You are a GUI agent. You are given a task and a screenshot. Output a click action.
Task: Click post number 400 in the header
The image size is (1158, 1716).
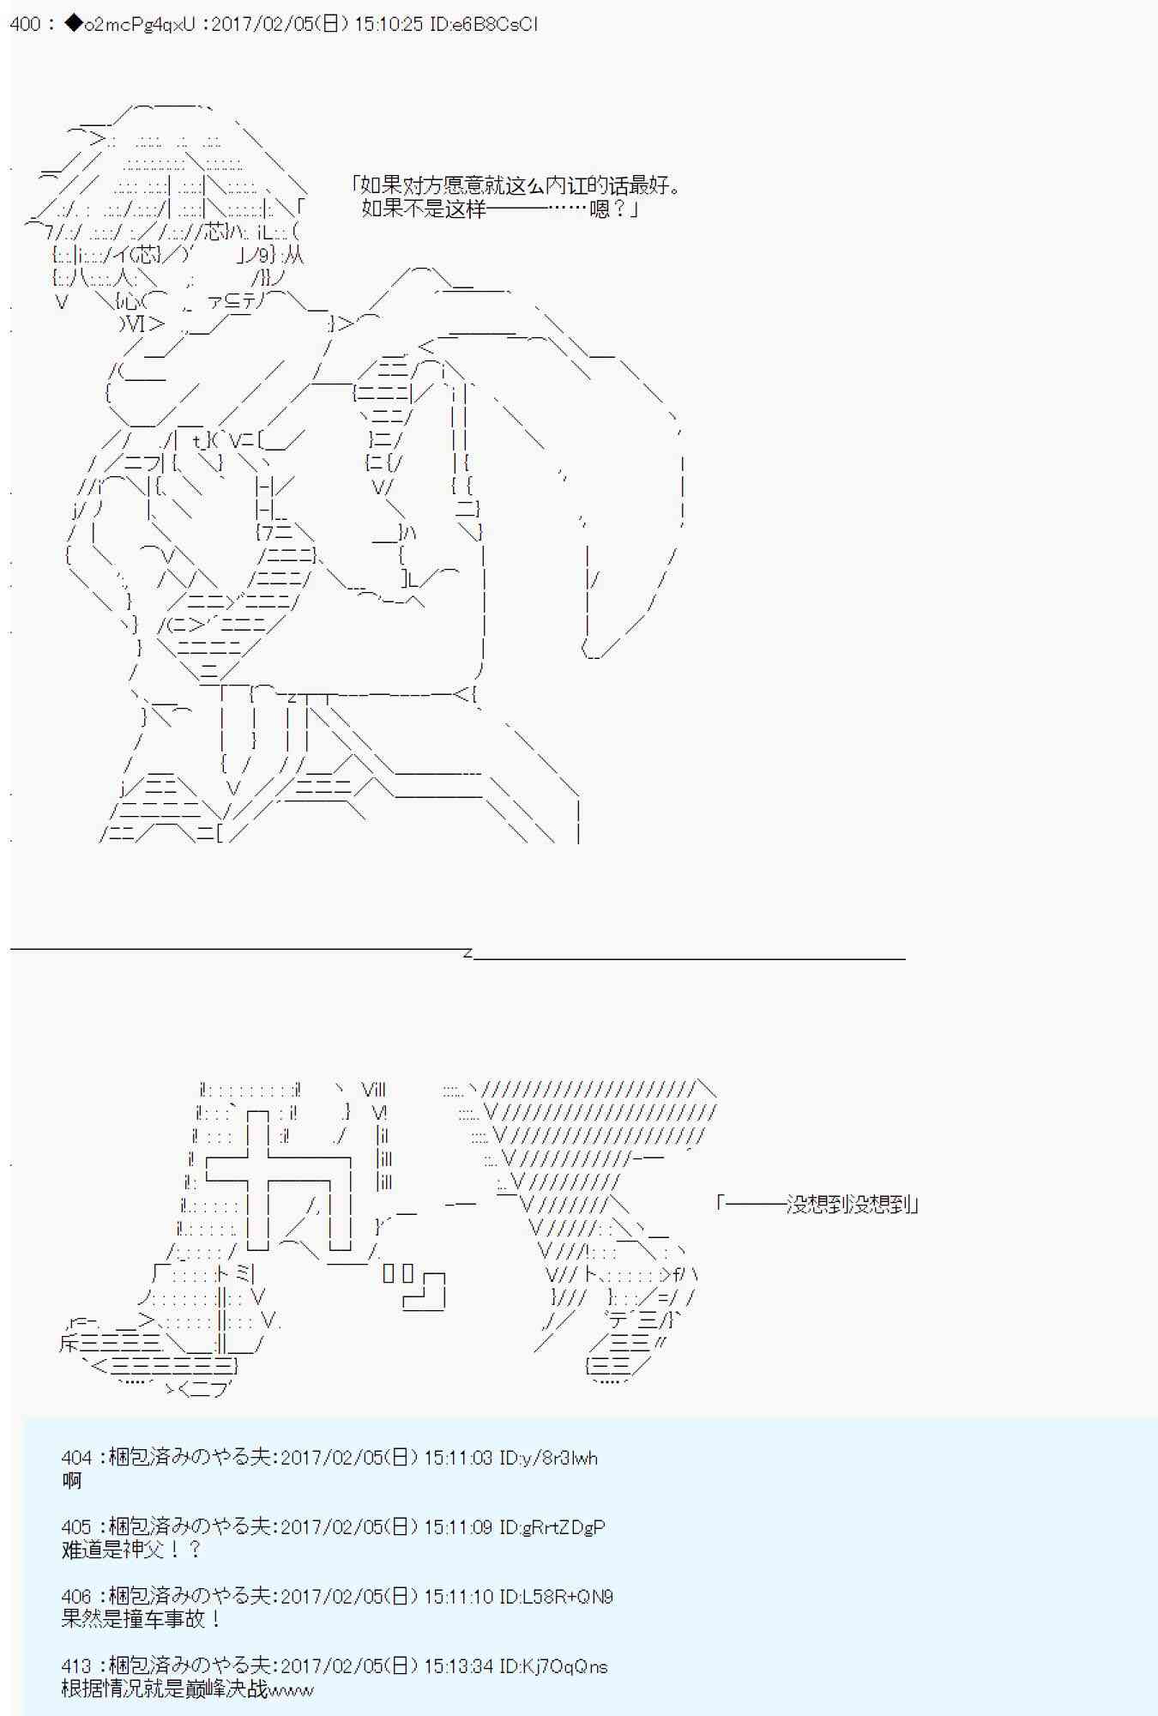coord(25,24)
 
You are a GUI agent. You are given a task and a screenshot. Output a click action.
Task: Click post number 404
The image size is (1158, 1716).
coord(76,1458)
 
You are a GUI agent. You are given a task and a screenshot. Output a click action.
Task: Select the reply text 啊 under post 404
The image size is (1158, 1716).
coord(71,1480)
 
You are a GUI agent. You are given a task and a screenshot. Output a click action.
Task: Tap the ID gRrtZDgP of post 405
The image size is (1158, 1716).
coord(563,1527)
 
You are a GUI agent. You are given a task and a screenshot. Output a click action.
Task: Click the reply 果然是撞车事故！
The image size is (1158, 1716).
coord(142,1619)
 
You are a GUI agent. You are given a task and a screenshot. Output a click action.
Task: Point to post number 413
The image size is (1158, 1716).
coord(76,1666)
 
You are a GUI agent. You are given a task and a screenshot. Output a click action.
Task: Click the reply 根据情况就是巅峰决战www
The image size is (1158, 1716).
coord(187,1689)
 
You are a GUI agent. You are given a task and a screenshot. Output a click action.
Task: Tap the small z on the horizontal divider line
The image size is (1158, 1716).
coord(467,952)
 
